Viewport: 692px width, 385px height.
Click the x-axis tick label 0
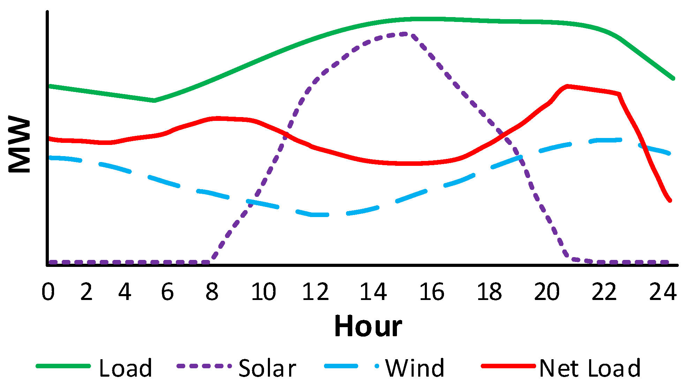pyautogui.click(x=48, y=292)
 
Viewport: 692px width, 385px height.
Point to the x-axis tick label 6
pyautogui.click(x=167, y=292)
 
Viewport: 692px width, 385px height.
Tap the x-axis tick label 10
pyautogui.click(x=263, y=292)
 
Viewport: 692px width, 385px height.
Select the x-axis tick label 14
pyautogui.click(x=373, y=292)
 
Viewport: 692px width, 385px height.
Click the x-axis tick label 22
pyautogui.click(x=604, y=292)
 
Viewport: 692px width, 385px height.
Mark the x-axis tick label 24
pyautogui.click(x=663, y=292)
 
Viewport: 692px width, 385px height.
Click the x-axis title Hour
pyautogui.click(x=368, y=326)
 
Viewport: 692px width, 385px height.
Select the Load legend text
pyautogui.click(x=126, y=368)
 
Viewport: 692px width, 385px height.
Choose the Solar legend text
pyautogui.click(x=267, y=368)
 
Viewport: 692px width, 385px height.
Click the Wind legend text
pyautogui.click(x=415, y=368)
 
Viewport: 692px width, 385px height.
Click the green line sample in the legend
pyautogui.click(x=63, y=366)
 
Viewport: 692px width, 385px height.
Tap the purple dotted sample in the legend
pyautogui.click(x=204, y=366)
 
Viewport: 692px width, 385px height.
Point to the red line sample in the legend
pyautogui.click(x=508, y=366)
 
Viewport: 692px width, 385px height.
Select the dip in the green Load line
pyautogui.click(x=154, y=101)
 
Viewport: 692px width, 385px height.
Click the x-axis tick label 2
pyautogui.click(x=86, y=292)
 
